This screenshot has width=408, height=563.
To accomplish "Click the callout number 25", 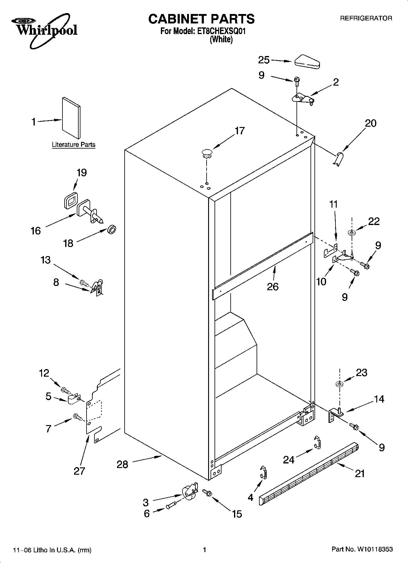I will (264, 60).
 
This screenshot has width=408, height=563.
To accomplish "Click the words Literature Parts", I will (73, 145).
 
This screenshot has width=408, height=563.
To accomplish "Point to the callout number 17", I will (239, 131).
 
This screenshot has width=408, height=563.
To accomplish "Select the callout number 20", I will (371, 123).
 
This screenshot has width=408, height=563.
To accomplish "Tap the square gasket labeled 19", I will (70, 200).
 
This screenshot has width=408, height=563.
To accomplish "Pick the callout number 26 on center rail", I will (273, 286).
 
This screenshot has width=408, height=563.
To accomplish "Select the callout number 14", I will (379, 399).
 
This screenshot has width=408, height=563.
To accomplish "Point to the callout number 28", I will (122, 464).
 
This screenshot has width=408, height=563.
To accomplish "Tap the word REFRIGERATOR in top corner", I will (366, 18).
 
